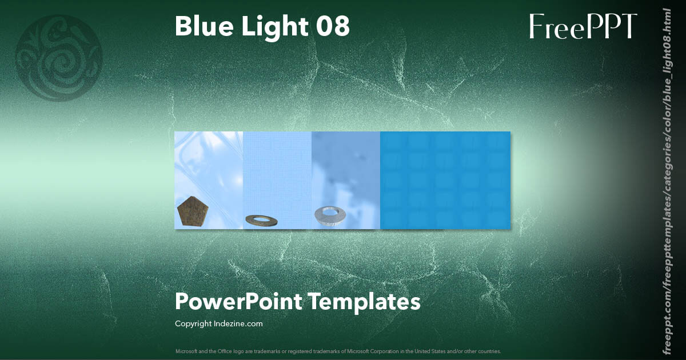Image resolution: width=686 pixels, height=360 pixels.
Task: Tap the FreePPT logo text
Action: coord(583,26)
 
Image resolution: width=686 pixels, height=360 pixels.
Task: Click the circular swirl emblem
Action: coord(58,58)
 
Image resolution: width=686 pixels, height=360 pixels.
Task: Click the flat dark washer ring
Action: coord(261,219)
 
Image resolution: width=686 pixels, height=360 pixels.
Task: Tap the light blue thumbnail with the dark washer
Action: coord(277,171)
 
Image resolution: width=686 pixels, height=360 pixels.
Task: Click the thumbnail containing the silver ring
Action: coord(346,171)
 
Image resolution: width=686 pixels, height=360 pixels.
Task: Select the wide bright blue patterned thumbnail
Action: coord(445,180)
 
